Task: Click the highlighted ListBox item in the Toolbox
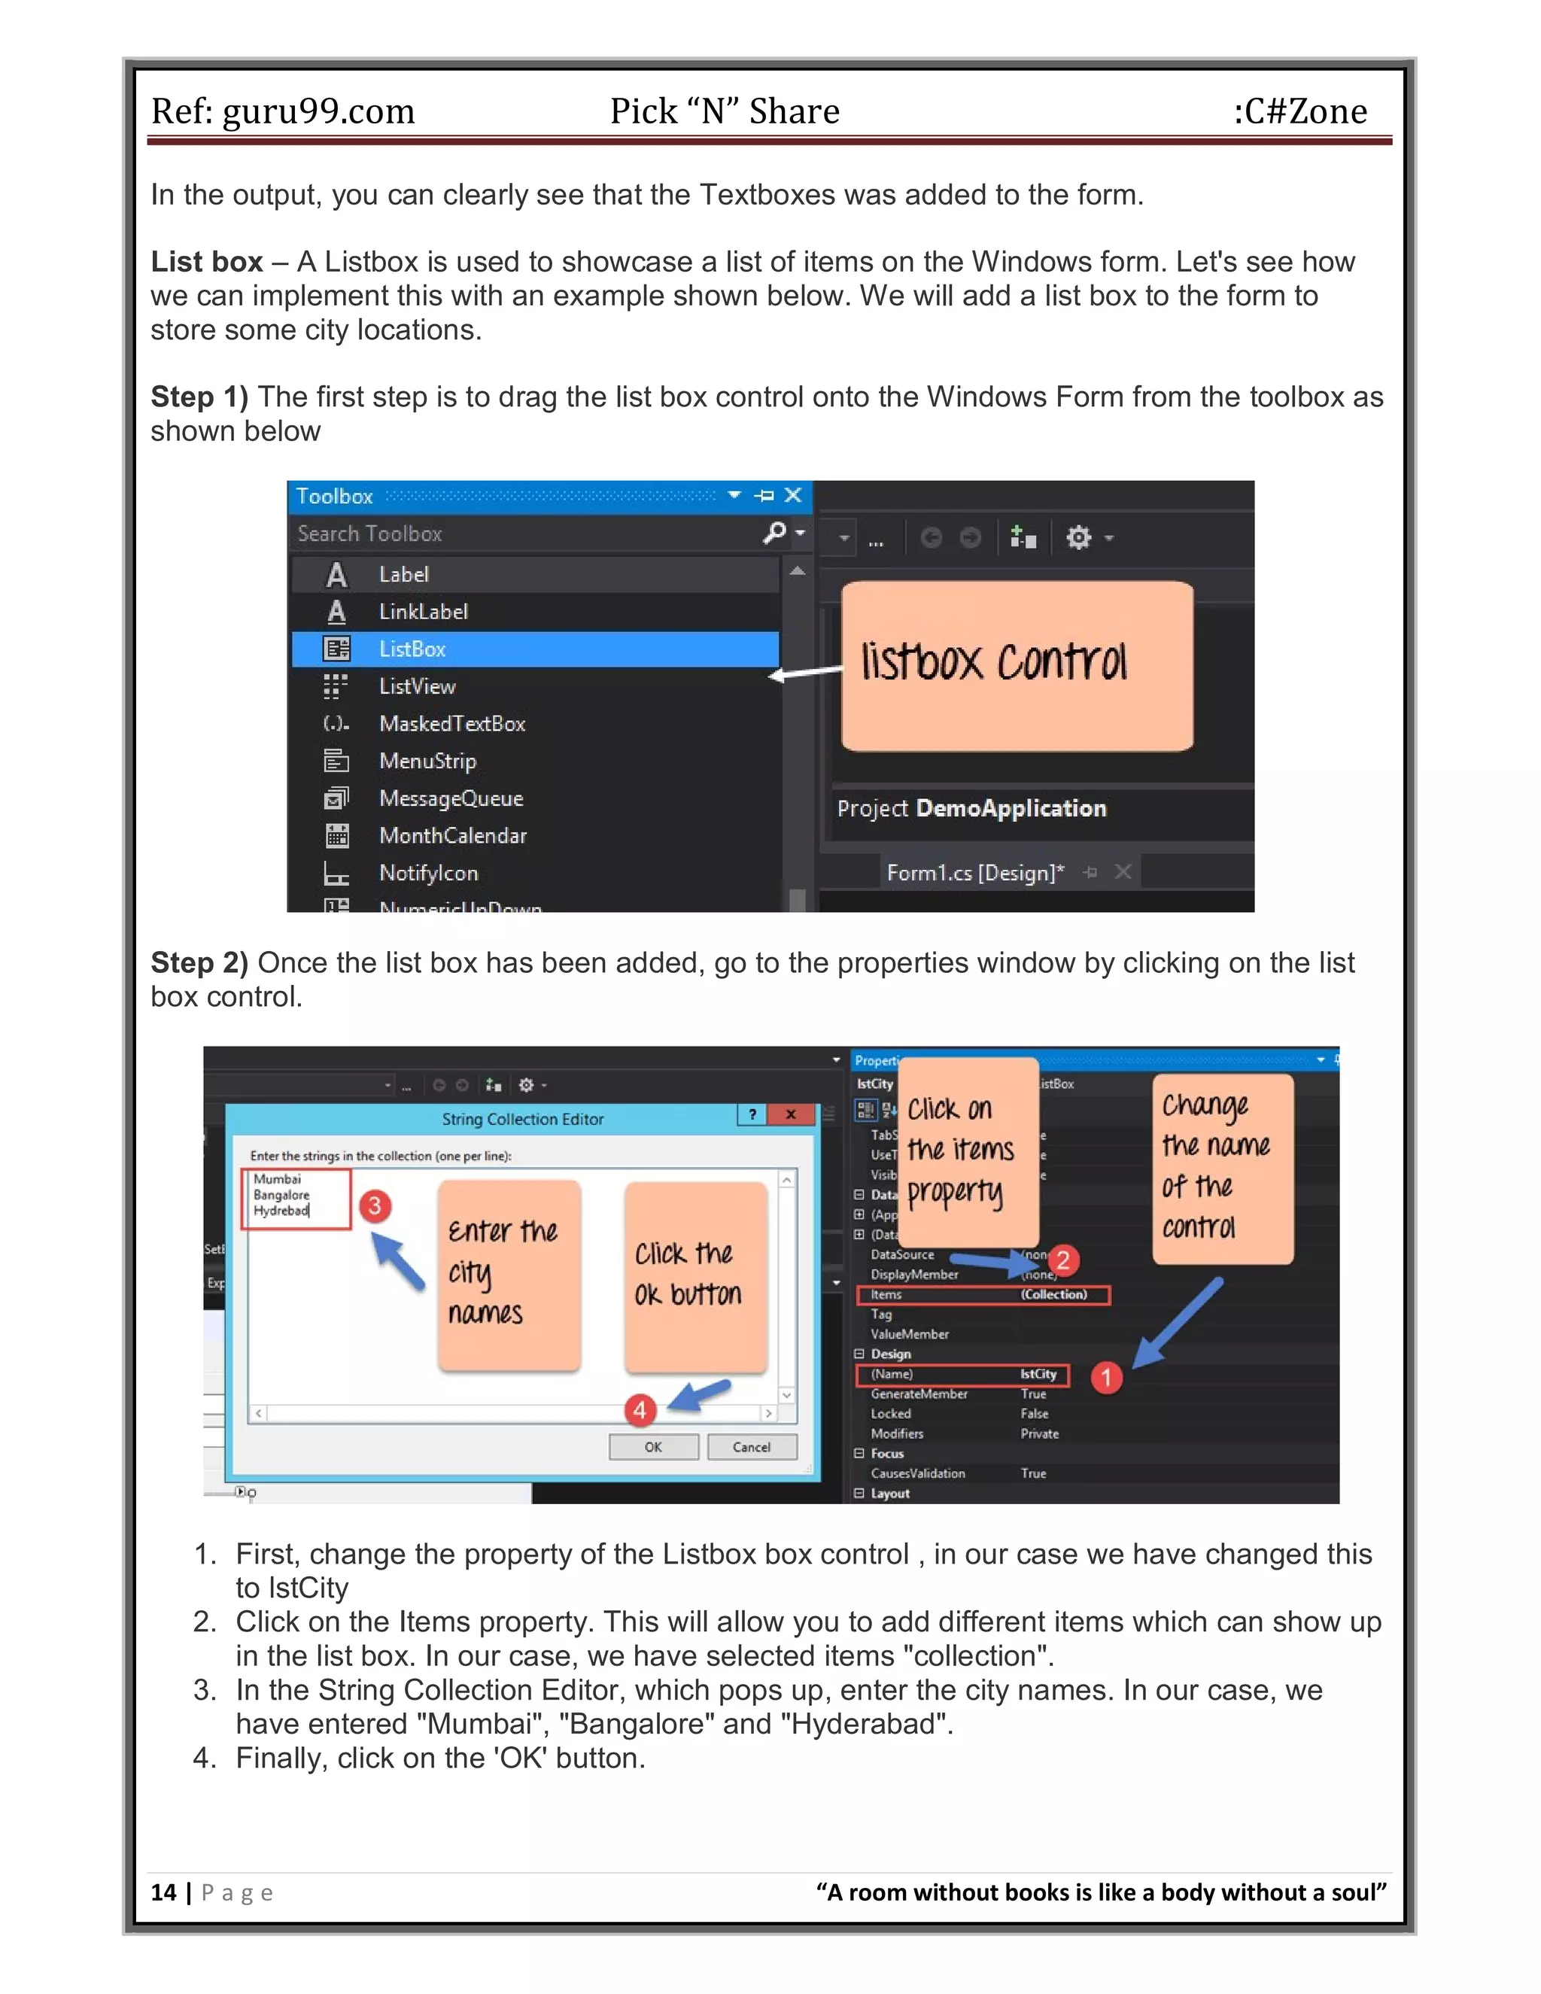(x=534, y=649)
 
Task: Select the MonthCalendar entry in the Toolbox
(x=453, y=835)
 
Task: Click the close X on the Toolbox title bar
(x=793, y=495)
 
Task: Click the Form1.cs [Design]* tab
(x=975, y=873)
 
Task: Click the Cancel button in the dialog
(x=752, y=1447)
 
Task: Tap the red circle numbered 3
(x=374, y=1205)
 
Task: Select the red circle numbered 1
(x=1106, y=1377)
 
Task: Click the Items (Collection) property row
(x=982, y=1295)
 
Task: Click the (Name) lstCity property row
(x=962, y=1374)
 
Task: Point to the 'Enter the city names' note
(x=509, y=1275)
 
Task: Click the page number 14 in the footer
(x=163, y=1892)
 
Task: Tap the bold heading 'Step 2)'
(x=199, y=962)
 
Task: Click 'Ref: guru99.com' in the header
(x=282, y=111)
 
